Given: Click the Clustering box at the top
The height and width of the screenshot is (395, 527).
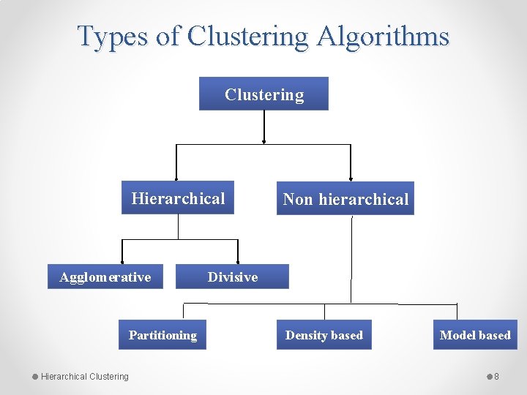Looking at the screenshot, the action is click(x=263, y=94).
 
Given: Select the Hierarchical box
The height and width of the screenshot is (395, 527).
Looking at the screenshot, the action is click(x=178, y=197).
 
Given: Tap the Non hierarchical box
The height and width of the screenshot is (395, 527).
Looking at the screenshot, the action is click(x=345, y=198).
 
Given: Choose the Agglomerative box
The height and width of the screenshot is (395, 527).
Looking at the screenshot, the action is click(x=105, y=276).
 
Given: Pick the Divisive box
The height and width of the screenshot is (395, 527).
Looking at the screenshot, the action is click(x=232, y=276).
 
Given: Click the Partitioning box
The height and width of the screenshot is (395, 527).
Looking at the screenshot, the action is click(x=162, y=335).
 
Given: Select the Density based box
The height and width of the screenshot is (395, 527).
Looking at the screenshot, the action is click(x=324, y=335).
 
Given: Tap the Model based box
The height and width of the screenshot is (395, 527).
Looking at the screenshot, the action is click(x=475, y=335).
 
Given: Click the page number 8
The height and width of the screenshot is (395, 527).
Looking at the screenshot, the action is click(x=497, y=377).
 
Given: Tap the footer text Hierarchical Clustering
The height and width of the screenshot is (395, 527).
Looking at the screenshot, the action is click(x=84, y=377).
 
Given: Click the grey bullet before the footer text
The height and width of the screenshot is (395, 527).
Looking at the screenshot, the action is click(x=35, y=377).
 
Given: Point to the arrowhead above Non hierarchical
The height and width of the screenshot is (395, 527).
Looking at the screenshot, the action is click(x=351, y=177).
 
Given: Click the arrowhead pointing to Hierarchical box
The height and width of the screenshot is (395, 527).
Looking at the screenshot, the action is click(x=176, y=177).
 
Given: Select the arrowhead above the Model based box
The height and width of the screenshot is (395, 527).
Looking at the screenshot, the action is click(x=457, y=316).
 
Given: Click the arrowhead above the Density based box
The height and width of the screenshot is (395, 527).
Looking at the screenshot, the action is click(x=324, y=316).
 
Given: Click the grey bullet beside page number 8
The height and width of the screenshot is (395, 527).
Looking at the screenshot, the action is click(x=489, y=377).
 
